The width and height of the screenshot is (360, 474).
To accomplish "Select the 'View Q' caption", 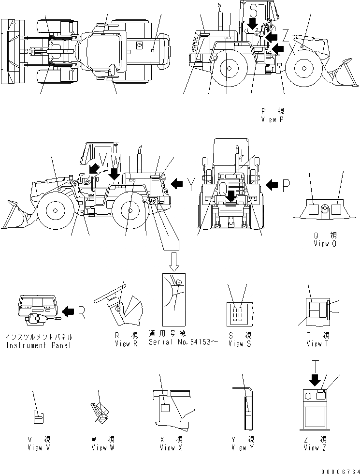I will (324, 243).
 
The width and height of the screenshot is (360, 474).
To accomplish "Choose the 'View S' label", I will (239, 344).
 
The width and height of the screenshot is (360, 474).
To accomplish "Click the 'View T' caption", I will (317, 344).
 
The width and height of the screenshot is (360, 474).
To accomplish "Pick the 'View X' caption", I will (168, 448).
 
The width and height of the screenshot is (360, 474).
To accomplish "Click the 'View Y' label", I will (243, 448).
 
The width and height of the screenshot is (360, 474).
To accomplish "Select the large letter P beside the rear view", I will (288, 184).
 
